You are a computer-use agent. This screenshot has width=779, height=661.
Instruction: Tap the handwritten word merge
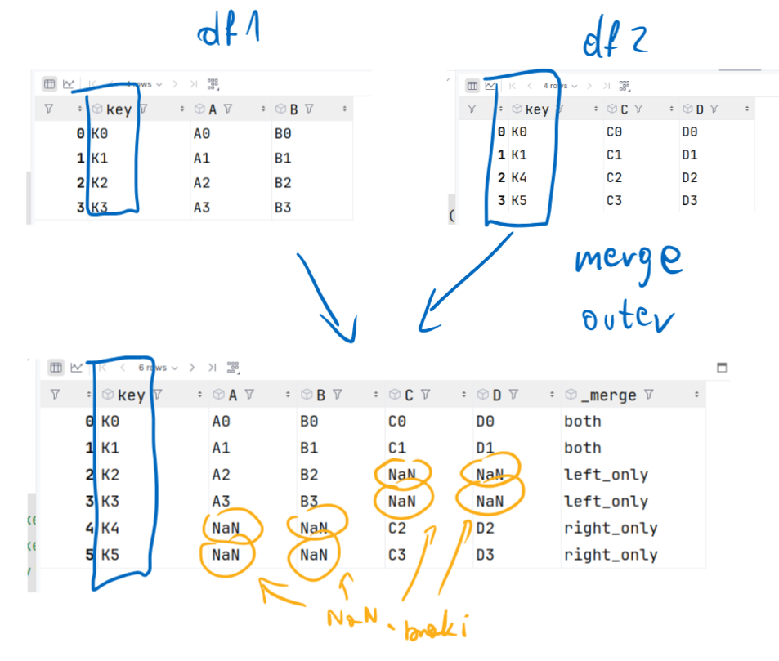point(627,261)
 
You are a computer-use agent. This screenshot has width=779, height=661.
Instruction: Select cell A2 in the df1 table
point(202,183)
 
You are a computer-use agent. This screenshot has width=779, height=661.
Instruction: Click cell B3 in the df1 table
point(283,208)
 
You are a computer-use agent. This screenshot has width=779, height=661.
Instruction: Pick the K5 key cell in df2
point(519,200)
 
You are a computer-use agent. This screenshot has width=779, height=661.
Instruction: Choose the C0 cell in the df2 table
point(616,132)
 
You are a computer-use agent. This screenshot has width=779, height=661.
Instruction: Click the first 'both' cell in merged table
point(582,422)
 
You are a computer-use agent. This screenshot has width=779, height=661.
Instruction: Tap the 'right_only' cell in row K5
point(610,555)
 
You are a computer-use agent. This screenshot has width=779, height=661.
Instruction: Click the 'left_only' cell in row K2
point(606,475)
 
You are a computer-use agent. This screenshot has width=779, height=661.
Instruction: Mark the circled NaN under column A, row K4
point(226,528)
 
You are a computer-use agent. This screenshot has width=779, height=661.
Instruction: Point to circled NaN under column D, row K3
point(490,502)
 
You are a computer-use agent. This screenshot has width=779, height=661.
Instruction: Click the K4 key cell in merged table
point(110,528)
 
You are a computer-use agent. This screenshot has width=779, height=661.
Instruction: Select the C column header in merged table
point(408,395)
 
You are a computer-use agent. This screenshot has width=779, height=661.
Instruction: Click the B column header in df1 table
point(292,109)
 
